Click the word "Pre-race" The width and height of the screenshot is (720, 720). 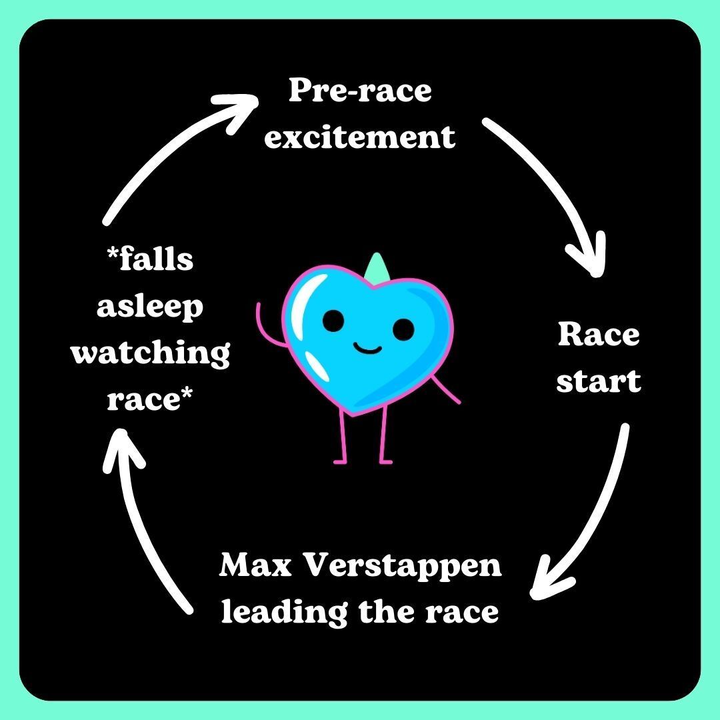(360, 91)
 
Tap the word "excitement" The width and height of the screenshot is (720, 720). (360, 137)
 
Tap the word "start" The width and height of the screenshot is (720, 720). (598, 381)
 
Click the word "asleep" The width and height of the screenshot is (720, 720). (150, 308)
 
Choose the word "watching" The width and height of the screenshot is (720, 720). (151, 355)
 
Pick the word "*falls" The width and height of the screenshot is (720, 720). (151, 260)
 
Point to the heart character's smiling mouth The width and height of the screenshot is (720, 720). (367, 347)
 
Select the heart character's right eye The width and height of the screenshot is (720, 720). (403, 328)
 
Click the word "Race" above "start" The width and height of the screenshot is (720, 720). (598, 335)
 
